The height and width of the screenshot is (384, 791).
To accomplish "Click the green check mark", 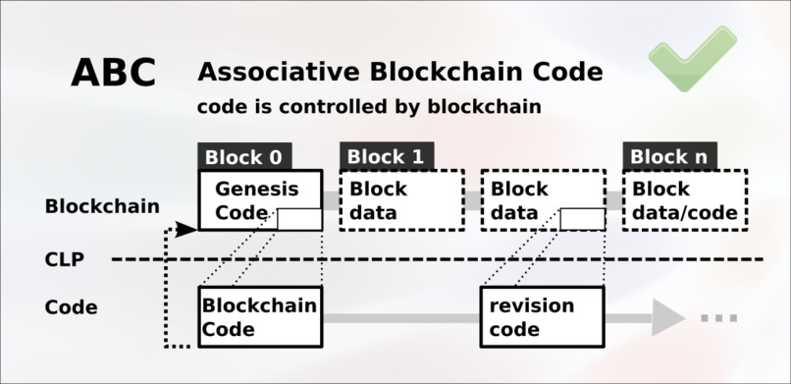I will pyautogui.click(x=691, y=58).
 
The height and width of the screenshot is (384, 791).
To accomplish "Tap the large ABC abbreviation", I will pyautogui.click(x=113, y=73).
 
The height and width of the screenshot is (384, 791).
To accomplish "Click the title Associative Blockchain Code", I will pyautogui.click(x=400, y=72).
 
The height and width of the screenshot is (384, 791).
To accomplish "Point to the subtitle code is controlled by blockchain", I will pyautogui.click(x=369, y=107).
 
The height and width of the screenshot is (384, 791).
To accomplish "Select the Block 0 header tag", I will pyautogui.click(x=244, y=157).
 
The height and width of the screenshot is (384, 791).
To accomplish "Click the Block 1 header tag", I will pyautogui.click(x=386, y=157).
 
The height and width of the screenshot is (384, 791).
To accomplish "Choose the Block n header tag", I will pyautogui.click(x=668, y=157).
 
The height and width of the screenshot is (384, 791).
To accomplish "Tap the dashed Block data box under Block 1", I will pyautogui.click(x=401, y=200).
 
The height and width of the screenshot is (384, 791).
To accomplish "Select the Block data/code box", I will pyautogui.click(x=684, y=200).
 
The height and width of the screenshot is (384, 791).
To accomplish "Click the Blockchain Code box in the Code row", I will pyautogui.click(x=259, y=316).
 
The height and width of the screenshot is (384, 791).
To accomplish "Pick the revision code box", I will pyautogui.click(x=542, y=316).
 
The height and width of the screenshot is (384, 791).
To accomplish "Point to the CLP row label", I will pyautogui.click(x=64, y=260).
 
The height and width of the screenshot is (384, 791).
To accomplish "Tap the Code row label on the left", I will pyautogui.click(x=72, y=307).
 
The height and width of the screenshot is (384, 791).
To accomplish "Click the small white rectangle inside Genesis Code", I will pyautogui.click(x=298, y=219).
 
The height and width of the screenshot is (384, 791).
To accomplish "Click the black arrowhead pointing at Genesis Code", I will pyautogui.click(x=187, y=229).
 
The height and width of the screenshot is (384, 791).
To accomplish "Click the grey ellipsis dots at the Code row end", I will pyautogui.click(x=718, y=318).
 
